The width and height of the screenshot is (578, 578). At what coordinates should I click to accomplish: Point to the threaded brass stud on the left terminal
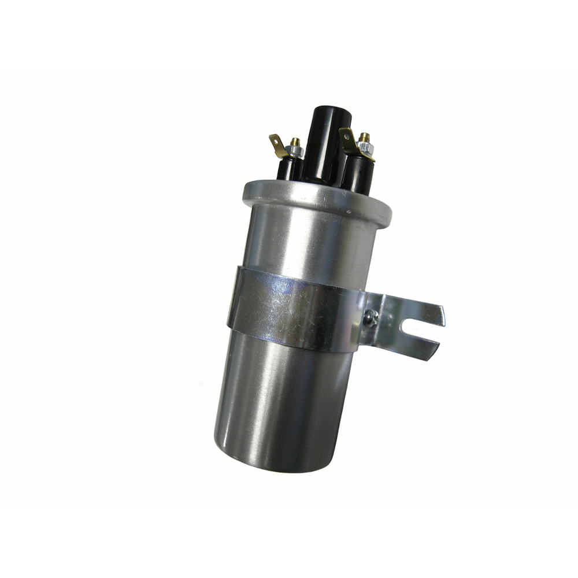pyautogui.click(x=295, y=142)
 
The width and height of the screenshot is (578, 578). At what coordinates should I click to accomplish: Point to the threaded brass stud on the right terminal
pyautogui.click(x=364, y=138)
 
